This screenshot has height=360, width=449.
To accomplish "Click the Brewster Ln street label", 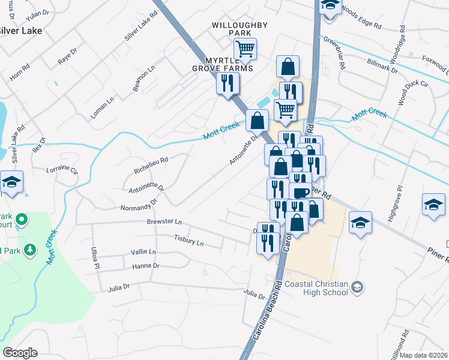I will tap(164, 222).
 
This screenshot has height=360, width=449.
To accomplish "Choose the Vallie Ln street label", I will tap(143, 252).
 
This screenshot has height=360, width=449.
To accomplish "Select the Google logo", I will tap(20, 353).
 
